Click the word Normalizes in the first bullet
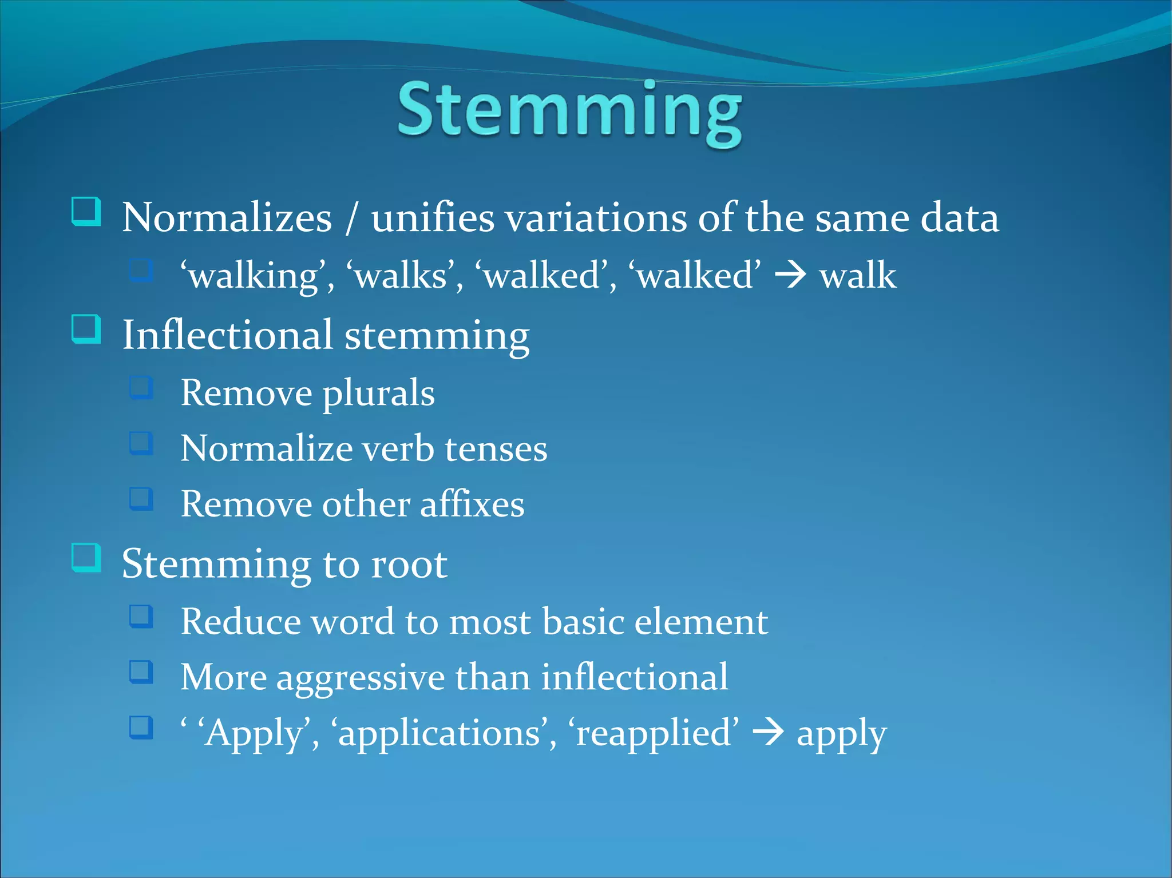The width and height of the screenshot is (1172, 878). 227,218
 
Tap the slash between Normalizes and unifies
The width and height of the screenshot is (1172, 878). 351,218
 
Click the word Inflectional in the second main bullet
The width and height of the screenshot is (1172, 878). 228,336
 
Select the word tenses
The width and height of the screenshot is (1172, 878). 496,449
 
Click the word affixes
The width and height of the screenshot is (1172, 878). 472,504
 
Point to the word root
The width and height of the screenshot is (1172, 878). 409,565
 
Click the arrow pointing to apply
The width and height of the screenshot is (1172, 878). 767,734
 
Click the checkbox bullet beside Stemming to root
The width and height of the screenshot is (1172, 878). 86,557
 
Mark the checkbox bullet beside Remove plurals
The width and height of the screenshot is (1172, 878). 141,387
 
